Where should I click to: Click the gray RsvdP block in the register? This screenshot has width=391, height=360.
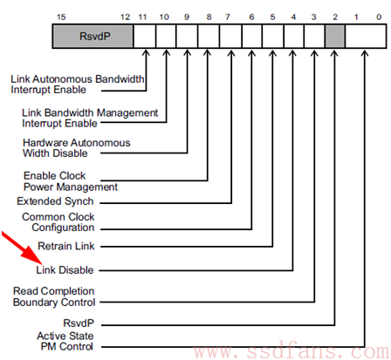93,37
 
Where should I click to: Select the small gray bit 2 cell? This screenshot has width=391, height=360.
335,37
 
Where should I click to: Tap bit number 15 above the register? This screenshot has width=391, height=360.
61,17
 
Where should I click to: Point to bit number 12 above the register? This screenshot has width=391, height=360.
125,17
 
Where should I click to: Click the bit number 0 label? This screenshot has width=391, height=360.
379,17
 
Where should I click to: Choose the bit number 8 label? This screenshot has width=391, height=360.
209,17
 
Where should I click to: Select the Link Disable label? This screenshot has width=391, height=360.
65,270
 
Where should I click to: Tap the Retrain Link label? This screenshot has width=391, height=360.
66,246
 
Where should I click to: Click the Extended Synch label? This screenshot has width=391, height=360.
55,201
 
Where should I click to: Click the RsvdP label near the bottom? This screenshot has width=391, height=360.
79,323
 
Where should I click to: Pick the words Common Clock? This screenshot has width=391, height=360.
58,217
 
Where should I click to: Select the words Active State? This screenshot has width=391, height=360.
65,336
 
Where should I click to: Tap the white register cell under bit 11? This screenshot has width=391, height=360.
145,37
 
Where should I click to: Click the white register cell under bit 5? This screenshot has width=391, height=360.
272,37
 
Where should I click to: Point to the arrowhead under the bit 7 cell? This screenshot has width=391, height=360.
231,53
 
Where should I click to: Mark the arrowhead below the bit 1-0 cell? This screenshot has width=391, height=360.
365,53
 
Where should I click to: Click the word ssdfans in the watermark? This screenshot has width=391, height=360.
291,351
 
